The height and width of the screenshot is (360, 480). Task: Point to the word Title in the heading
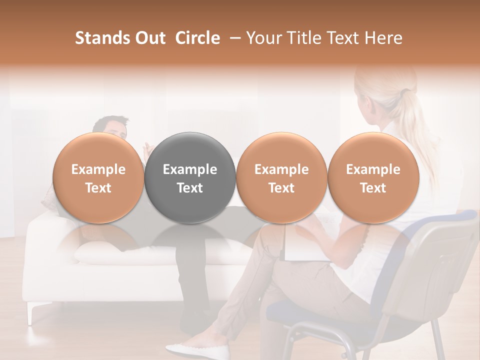pyautogui.click(x=303, y=38)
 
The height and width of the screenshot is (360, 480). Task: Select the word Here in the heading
pyautogui.click(x=384, y=38)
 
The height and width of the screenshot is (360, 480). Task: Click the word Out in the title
pyautogui.click(x=149, y=38)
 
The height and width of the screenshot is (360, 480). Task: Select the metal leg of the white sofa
pyautogui.click(x=32, y=312)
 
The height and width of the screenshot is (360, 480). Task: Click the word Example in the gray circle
pyautogui.click(x=190, y=169)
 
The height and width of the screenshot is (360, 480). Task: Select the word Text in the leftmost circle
pyautogui.click(x=98, y=188)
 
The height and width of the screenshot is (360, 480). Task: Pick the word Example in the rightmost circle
pyautogui.click(x=373, y=169)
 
